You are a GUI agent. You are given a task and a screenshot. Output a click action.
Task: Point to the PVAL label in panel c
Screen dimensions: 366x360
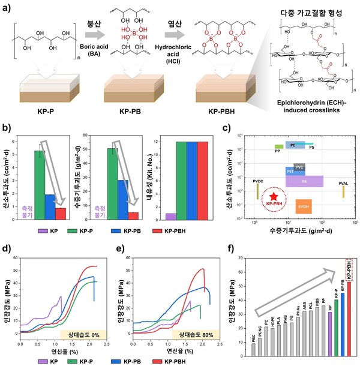click(343, 180)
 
